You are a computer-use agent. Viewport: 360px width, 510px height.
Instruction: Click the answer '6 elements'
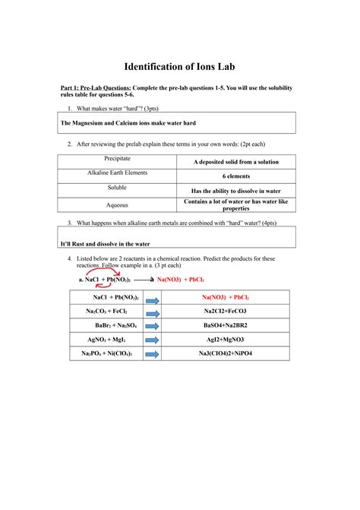(235, 176)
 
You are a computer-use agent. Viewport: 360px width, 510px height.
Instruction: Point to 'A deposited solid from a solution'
(235, 162)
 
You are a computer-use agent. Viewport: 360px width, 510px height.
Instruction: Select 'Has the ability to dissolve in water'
(235, 191)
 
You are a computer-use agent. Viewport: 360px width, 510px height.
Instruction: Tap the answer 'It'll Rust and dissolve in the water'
(105, 243)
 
